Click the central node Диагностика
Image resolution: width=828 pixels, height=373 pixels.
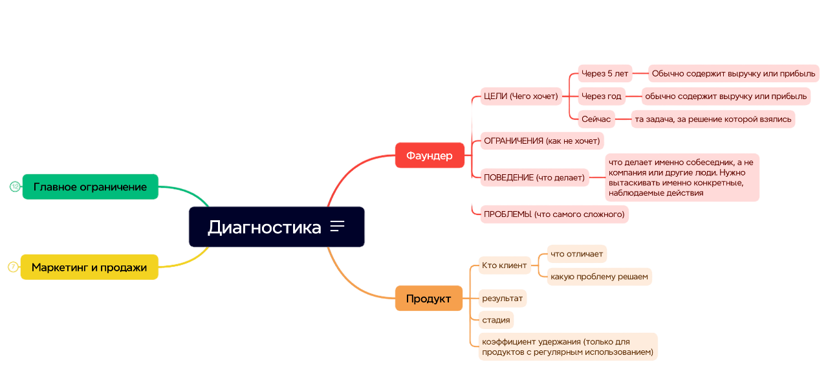point(276,227)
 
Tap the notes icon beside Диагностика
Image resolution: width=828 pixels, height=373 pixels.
point(337,226)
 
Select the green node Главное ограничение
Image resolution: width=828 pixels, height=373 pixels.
point(90,187)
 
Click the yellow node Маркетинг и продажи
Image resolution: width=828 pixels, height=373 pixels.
point(89,267)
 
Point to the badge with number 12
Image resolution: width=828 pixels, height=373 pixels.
point(15,187)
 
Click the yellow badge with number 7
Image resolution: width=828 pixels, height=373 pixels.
point(13,267)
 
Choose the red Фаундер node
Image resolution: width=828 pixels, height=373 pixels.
point(430,155)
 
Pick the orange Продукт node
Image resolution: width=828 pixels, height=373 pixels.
point(429,299)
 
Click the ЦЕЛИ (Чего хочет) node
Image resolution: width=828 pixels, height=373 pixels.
point(521,96)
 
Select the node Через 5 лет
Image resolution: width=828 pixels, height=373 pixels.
point(605,74)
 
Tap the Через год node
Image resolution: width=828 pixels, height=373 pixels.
point(602,96)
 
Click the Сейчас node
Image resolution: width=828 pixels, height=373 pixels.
point(596,119)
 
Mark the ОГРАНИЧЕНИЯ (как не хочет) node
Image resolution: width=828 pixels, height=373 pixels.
point(542,141)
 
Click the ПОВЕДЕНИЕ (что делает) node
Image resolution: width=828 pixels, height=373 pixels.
point(534,177)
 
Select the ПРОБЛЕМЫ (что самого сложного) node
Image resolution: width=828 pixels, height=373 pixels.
point(554,214)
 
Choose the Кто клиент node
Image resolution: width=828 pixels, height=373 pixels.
point(505,266)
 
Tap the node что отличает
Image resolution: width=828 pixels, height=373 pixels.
point(576,254)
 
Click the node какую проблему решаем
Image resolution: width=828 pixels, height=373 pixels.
point(599,277)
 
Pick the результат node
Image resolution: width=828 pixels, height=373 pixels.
point(503,299)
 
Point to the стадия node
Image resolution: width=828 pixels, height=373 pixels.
point(496,320)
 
